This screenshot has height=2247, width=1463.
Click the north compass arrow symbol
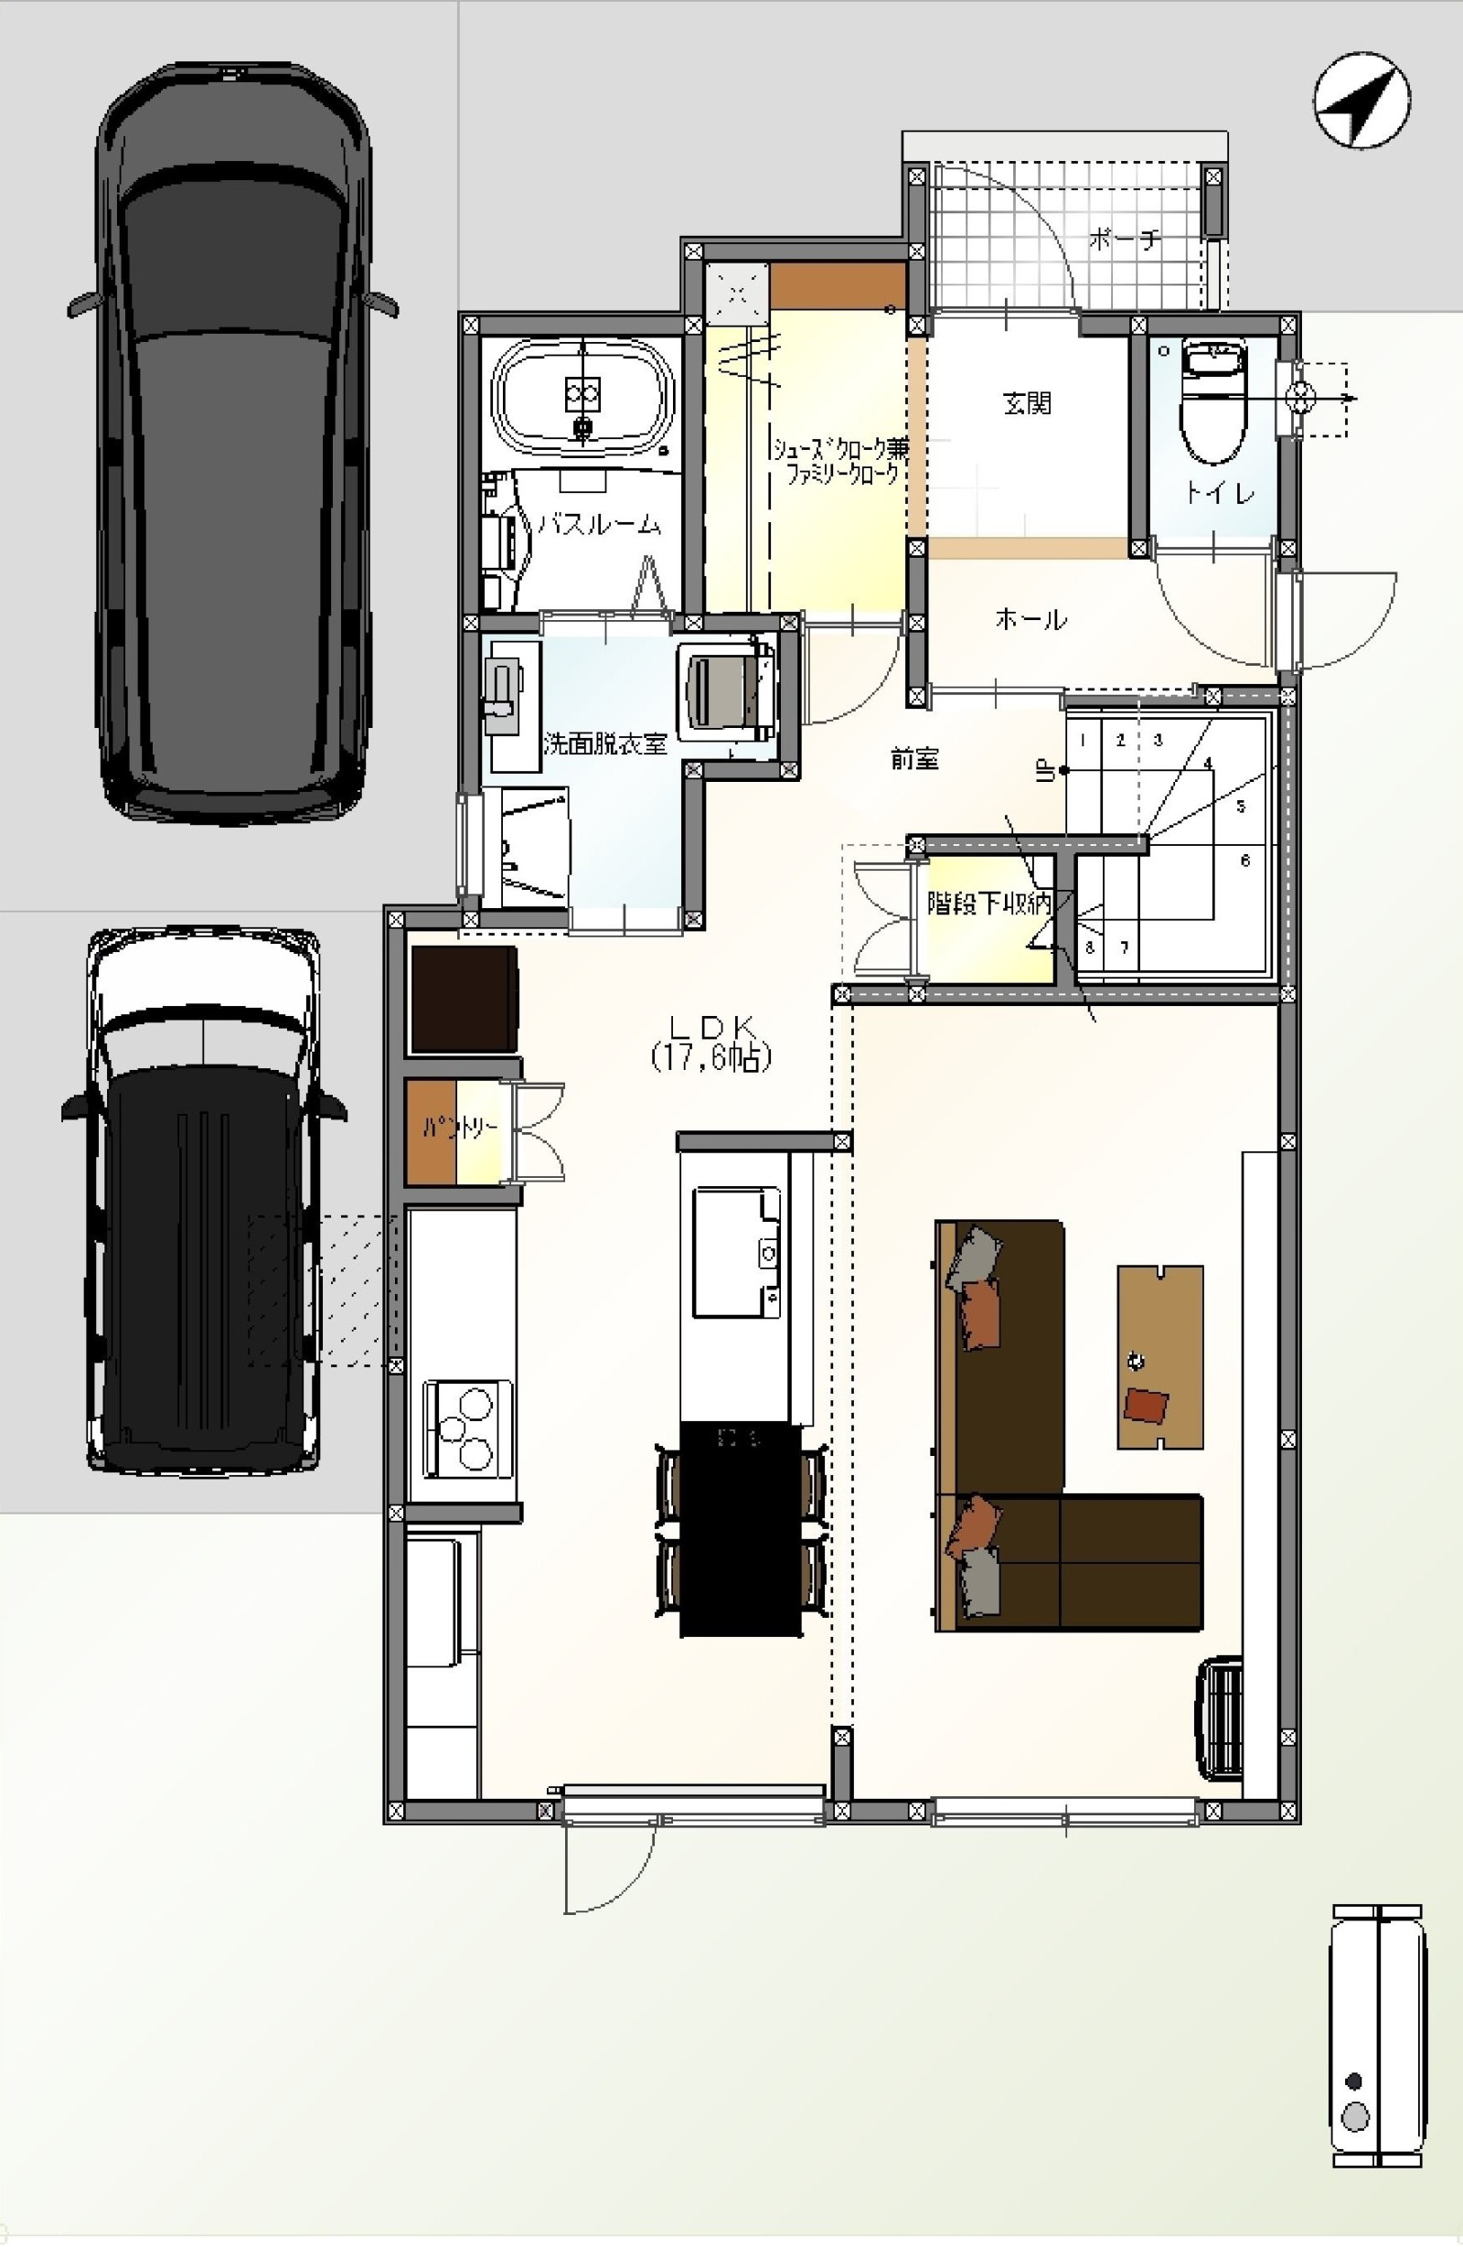1362,99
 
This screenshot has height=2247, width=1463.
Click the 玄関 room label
1026,404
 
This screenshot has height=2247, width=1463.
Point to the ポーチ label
1123,240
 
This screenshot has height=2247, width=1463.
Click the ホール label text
1031,619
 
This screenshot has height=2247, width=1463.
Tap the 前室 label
914,758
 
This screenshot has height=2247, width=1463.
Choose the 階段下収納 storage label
988,904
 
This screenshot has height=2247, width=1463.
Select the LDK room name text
710,1025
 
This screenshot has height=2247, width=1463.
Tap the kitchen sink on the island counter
737,1252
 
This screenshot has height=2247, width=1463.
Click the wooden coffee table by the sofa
1160,1356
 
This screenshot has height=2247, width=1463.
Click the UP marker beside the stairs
1046,771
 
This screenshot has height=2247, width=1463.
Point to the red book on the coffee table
1146,1406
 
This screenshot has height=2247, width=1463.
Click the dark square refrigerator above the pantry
465,999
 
